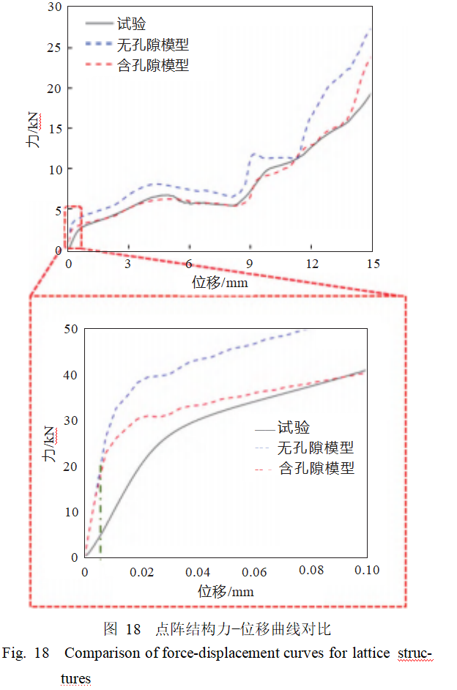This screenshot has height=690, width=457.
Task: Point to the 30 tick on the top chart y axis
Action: point(54,7)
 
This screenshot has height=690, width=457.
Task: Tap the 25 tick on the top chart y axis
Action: point(54,48)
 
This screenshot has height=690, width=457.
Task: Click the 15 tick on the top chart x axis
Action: point(373,264)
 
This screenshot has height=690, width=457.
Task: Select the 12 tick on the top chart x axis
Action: point(312,264)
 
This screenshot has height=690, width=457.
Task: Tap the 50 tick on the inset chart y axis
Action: point(70,329)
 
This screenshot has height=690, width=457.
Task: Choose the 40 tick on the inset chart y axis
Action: point(70,375)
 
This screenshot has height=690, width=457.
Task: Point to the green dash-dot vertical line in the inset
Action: point(100,513)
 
